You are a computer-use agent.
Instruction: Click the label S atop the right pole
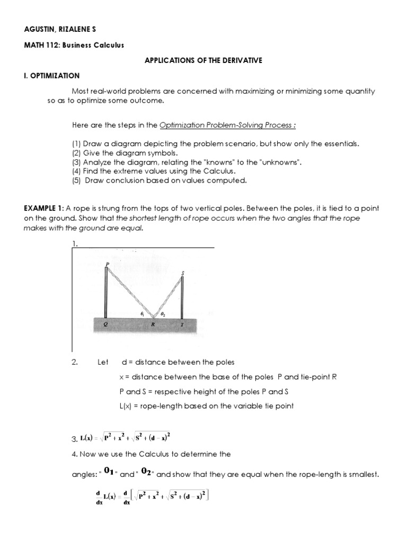coord(183,273)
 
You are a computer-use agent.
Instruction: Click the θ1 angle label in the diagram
coord(142,314)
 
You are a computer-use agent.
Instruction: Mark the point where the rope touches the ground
coord(153,318)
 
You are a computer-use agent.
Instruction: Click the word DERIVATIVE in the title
coord(242,60)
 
